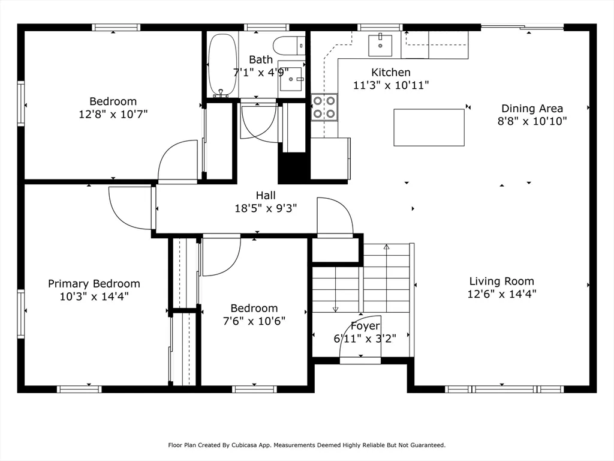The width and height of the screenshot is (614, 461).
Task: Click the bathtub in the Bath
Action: pos(222,65)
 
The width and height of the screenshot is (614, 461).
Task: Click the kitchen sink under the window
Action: pos(380,45)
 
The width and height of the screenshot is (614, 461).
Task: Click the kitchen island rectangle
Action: pos(429,127)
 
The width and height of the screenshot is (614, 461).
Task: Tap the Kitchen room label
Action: pos(390,72)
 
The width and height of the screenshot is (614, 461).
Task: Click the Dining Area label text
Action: pos(532,109)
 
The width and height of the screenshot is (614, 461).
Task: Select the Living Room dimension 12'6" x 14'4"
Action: pos(501,294)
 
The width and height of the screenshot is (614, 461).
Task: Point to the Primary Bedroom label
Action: pos(94,283)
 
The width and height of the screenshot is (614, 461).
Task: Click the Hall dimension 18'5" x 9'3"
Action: pos(266,208)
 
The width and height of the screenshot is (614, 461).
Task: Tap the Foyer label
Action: pos(365,326)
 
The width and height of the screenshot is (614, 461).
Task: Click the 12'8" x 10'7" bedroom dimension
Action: pos(113,113)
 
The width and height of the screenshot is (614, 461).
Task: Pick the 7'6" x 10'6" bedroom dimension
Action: pos(254,321)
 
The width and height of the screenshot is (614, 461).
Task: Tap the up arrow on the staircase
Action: pos(386,247)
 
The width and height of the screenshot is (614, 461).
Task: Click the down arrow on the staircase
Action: pos(335,309)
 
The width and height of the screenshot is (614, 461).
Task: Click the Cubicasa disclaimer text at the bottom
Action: pos(306,445)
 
